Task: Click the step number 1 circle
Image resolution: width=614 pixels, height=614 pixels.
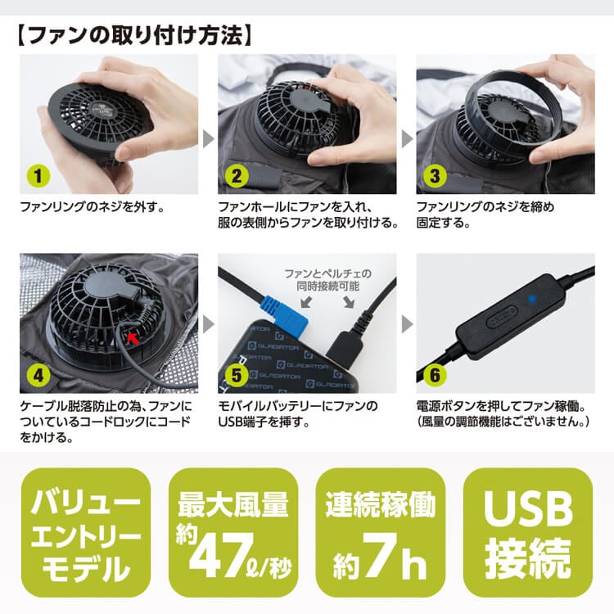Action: pyautogui.click(x=35, y=174)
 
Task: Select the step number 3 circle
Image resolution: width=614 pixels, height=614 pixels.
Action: pyautogui.click(x=435, y=174)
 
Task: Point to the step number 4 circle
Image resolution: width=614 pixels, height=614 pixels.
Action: pyautogui.click(x=35, y=375)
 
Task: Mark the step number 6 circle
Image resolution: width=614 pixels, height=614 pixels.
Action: pyautogui.click(x=435, y=375)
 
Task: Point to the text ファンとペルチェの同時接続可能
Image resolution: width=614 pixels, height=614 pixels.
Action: pyautogui.click(x=327, y=279)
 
